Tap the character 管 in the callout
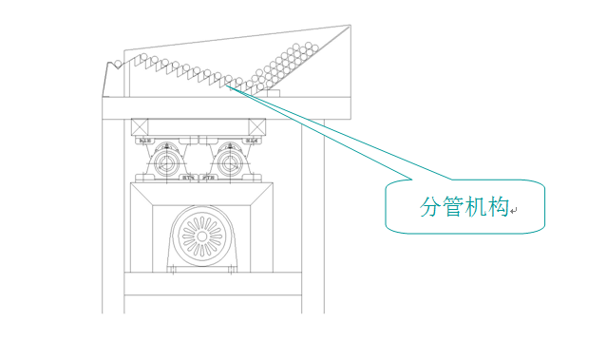(454, 208)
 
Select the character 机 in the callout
(477, 208)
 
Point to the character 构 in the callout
(499, 208)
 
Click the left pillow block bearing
(168, 162)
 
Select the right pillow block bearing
(229, 162)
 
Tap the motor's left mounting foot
(172, 271)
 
